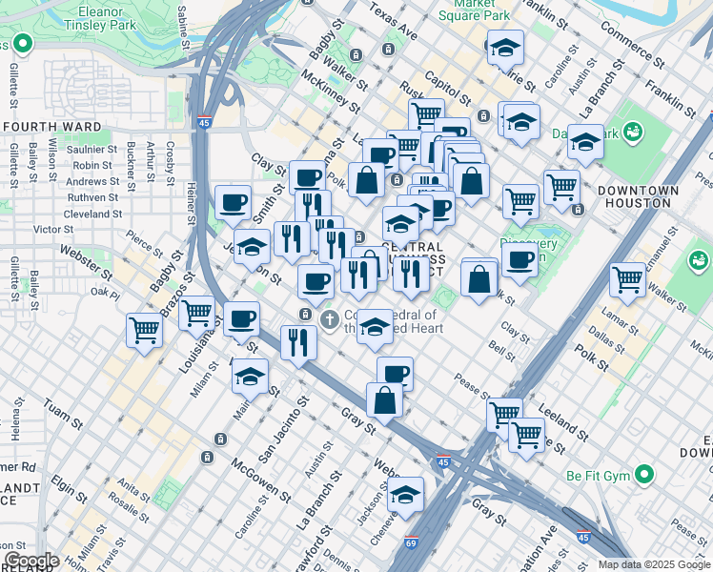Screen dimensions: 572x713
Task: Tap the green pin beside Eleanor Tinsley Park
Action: click(20, 45)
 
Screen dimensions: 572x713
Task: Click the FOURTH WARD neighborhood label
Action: click(52, 126)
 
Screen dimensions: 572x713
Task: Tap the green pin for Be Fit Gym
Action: click(645, 474)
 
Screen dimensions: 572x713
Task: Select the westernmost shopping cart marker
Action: click(144, 330)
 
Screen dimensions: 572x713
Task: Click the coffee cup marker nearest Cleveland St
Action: click(233, 202)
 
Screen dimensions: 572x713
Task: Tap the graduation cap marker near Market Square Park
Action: click(505, 47)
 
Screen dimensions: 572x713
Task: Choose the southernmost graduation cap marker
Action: click(405, 494)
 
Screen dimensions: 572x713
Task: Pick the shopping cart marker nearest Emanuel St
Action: click(627, 279)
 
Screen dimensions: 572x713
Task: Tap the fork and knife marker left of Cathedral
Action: click(298, 342)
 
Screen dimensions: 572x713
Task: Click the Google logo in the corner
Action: click(31, 561)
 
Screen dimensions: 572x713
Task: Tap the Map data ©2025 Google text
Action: click(653, 564)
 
